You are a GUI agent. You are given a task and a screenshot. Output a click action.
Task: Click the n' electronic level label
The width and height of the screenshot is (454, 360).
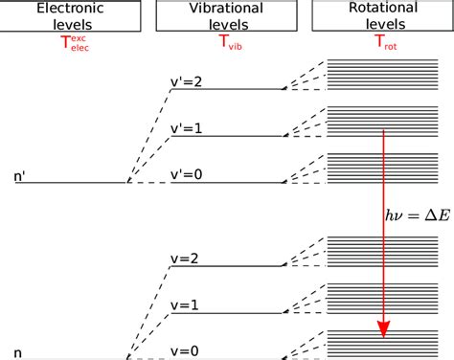click(x=20, y=176)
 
